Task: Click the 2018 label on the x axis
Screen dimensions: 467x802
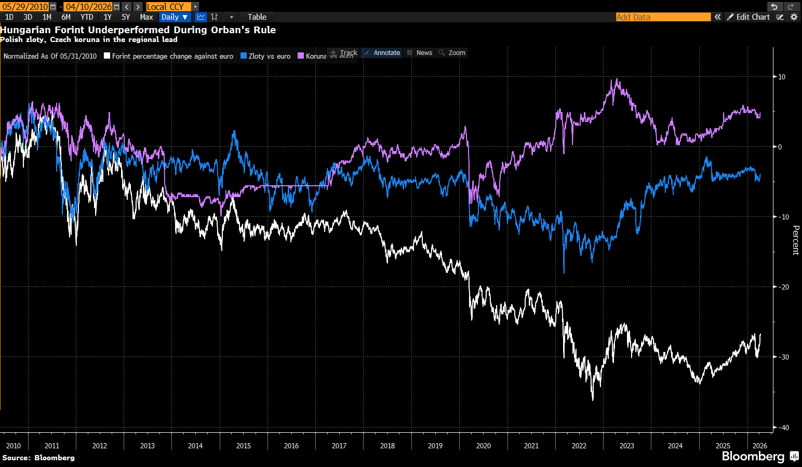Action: click(x=387, y=446)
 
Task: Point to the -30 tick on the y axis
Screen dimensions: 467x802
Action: click(x=783, y=357)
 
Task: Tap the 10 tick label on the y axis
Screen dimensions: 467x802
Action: click(x=782, y=77)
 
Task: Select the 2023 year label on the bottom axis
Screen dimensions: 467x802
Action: click(x=626, y=446)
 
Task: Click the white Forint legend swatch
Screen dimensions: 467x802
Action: click(x=107, y=56)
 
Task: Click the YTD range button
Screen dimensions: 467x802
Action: click(x=87, y=17)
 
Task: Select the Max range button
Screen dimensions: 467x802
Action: click(x=146, y=17)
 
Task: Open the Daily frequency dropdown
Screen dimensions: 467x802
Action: click(x=174, y=17)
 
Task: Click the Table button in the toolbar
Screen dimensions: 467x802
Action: click(x=257, y=17)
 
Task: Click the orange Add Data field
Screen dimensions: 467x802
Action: click(x=663, y=17)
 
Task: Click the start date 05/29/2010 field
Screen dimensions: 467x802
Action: click(x=25, y=7)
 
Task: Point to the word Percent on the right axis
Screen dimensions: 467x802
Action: click(x=795, y=240)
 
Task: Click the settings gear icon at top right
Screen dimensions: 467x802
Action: click(x=794, y=17)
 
